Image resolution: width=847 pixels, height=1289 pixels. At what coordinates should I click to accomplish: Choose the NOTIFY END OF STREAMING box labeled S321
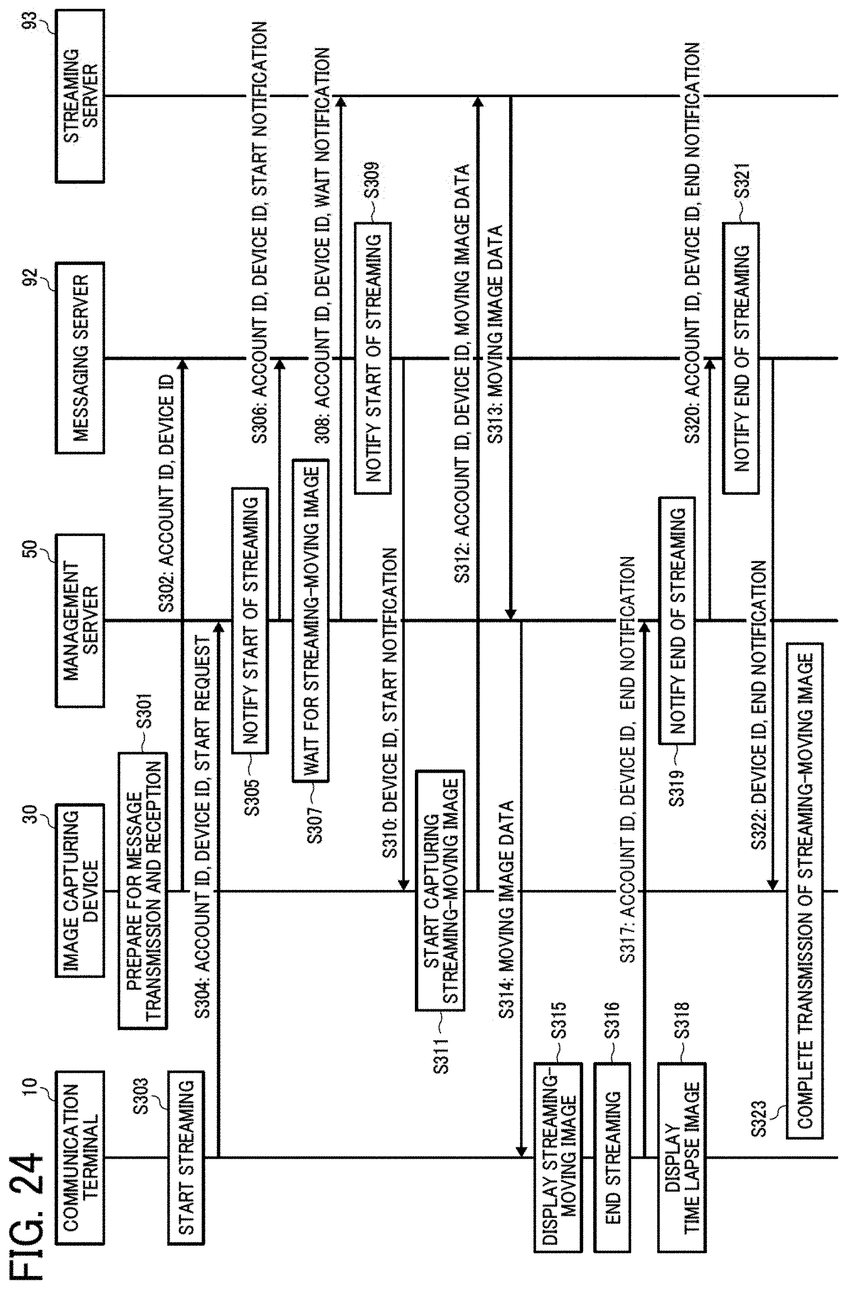[x=741, y=357]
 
